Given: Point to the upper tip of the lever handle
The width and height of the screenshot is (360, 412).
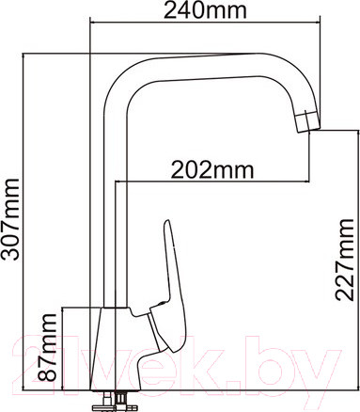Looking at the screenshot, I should (x=167, y=226).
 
